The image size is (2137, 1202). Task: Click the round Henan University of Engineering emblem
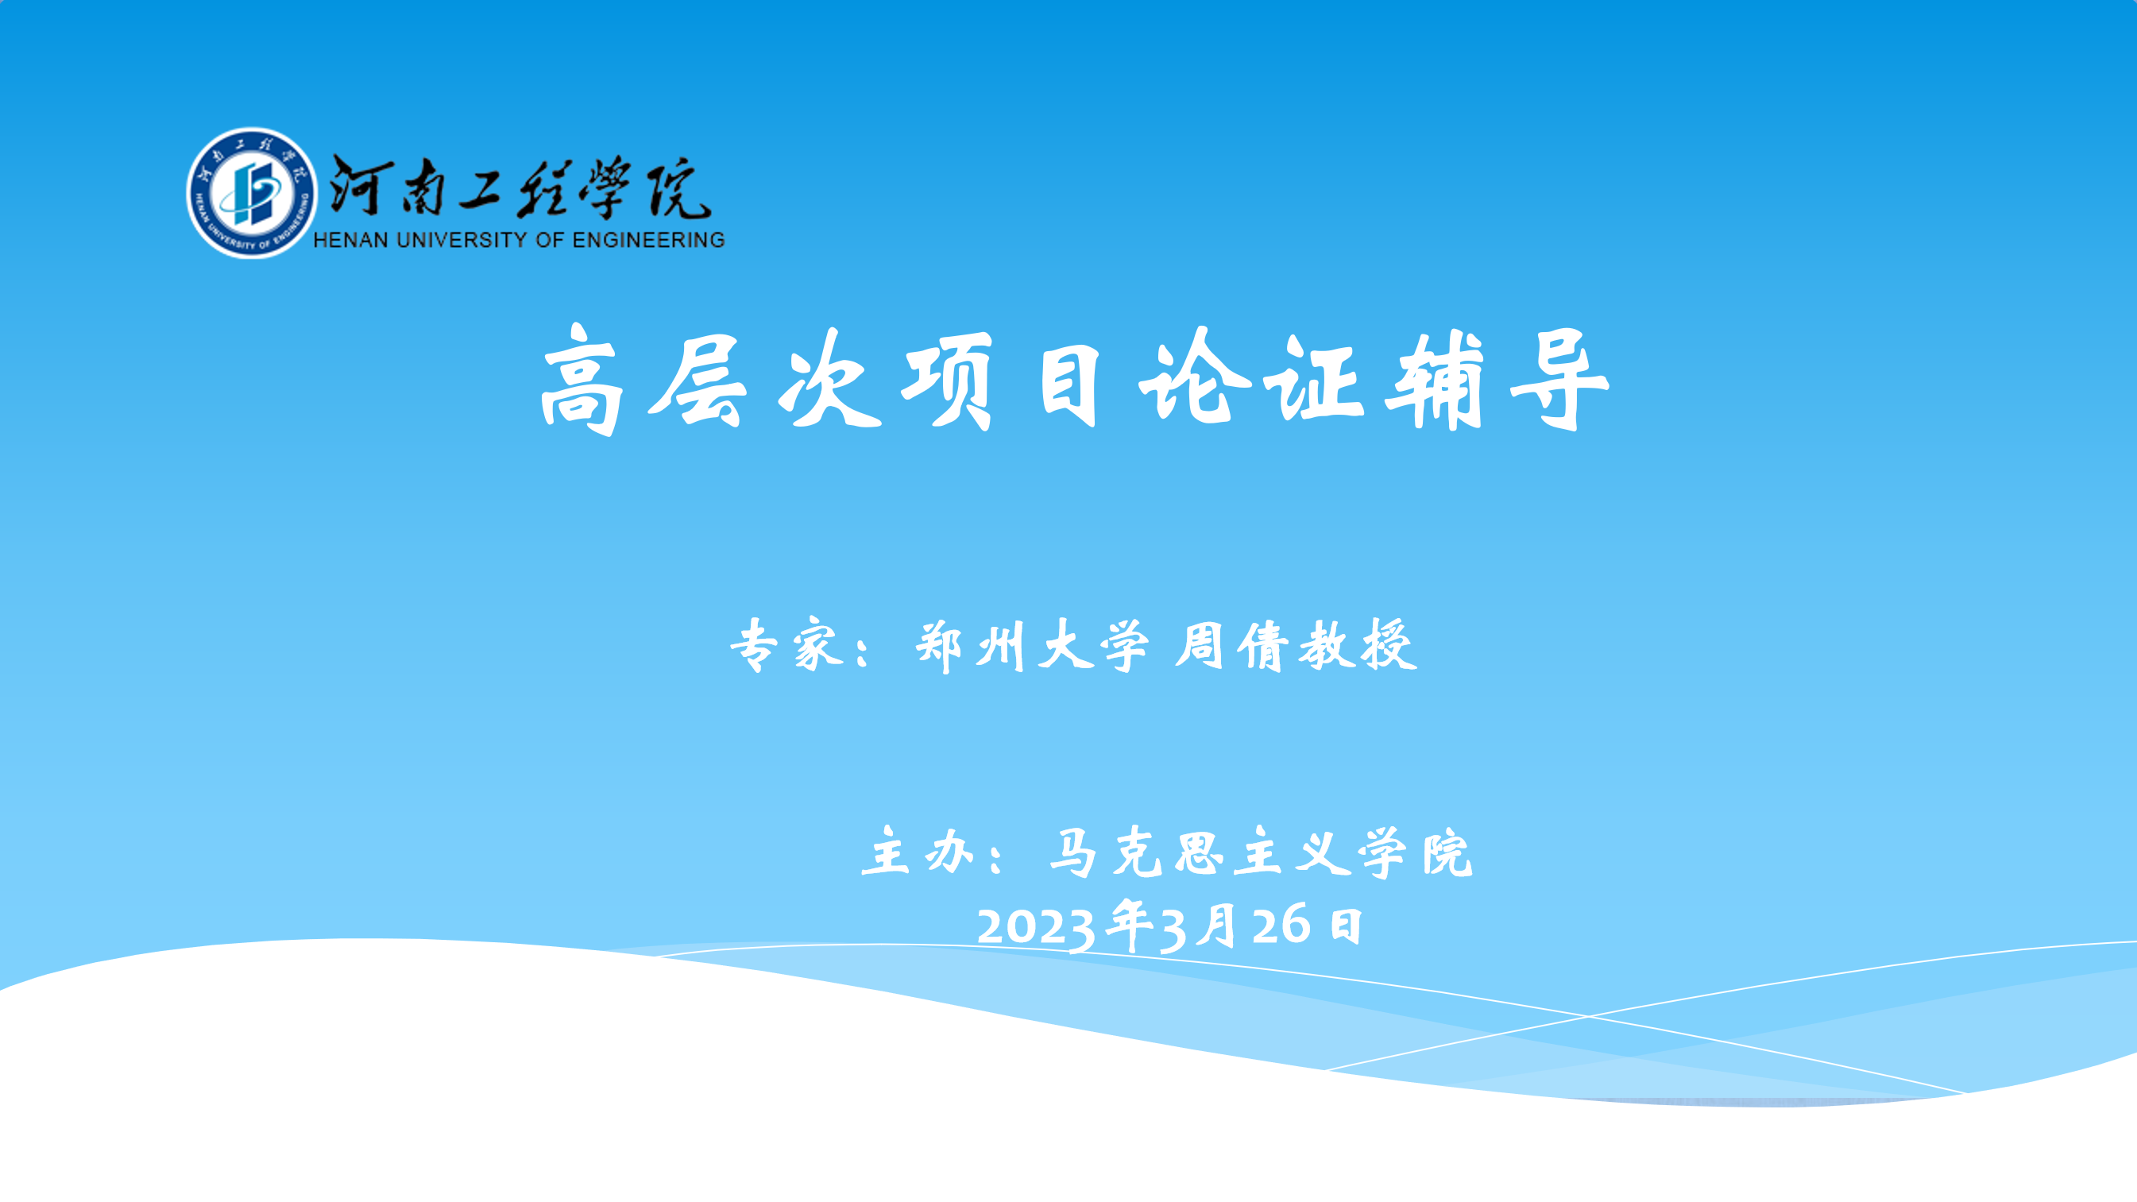point(251,192)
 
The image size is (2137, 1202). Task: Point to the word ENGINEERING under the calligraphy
point(648,240)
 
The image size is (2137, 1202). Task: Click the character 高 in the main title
point(582,380)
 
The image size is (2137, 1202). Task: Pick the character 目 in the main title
point(1070,383)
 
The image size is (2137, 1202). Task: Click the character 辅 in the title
point(1435,381)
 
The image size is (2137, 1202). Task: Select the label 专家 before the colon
point(788,644)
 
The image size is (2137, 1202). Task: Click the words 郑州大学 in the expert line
point(1032,644)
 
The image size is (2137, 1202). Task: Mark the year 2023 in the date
point(1035,926)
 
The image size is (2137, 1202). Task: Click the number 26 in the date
point(1281,924)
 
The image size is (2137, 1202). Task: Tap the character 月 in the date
point(1218,924)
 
